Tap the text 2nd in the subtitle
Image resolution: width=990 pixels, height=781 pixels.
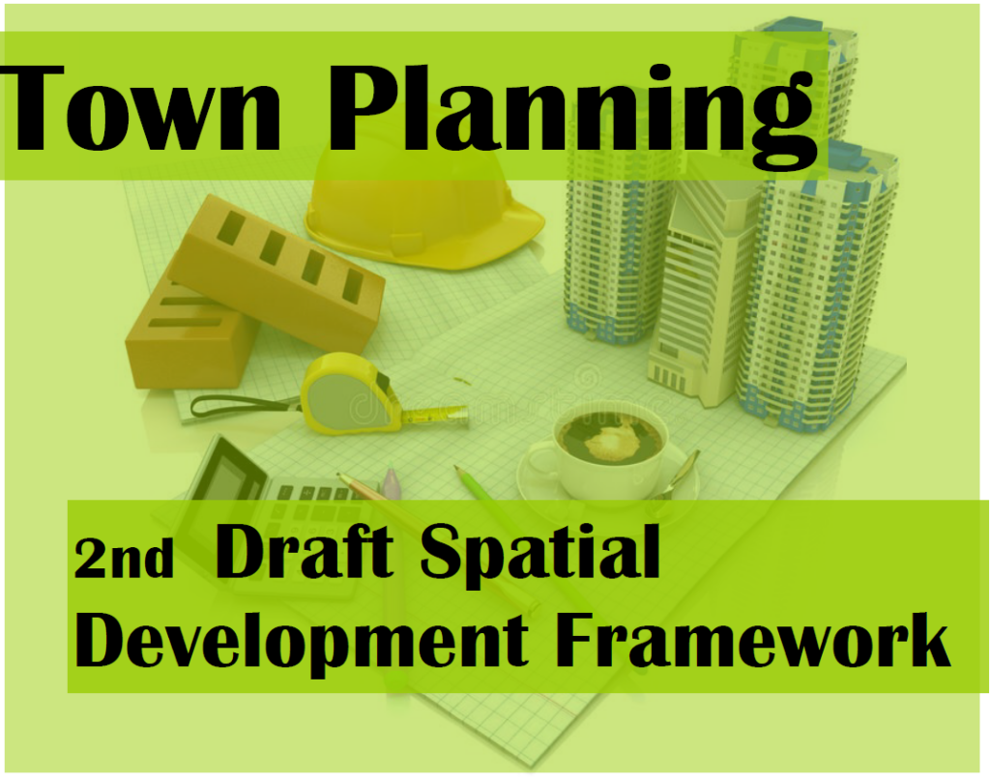(123, 559)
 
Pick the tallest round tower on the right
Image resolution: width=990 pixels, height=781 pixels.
(822, 290)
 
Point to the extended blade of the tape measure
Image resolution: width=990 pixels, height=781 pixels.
(435, 416)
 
